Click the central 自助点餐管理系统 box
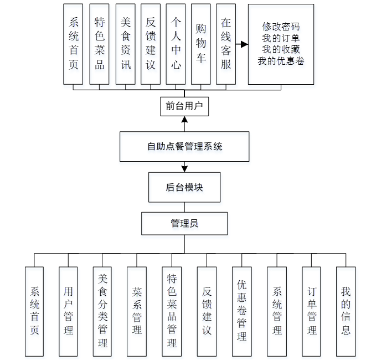(184, 147)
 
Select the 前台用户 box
(184, 106)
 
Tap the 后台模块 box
(184, 187)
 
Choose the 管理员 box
(184, 224)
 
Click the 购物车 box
(201, 44)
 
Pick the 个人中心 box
(176, 44)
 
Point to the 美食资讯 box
(126, 44)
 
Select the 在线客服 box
(226, 44)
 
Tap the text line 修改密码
(281, 27)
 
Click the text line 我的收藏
(281, 50)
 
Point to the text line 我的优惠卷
(281, 61)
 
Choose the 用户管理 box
(68, 311)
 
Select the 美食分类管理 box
(102, 311)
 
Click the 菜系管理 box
(137, 311)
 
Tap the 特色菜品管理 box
(172, 311)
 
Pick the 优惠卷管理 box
(241, 311)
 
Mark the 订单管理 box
(312, 311)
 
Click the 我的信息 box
(345, 311)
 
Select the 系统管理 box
(277, 311)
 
